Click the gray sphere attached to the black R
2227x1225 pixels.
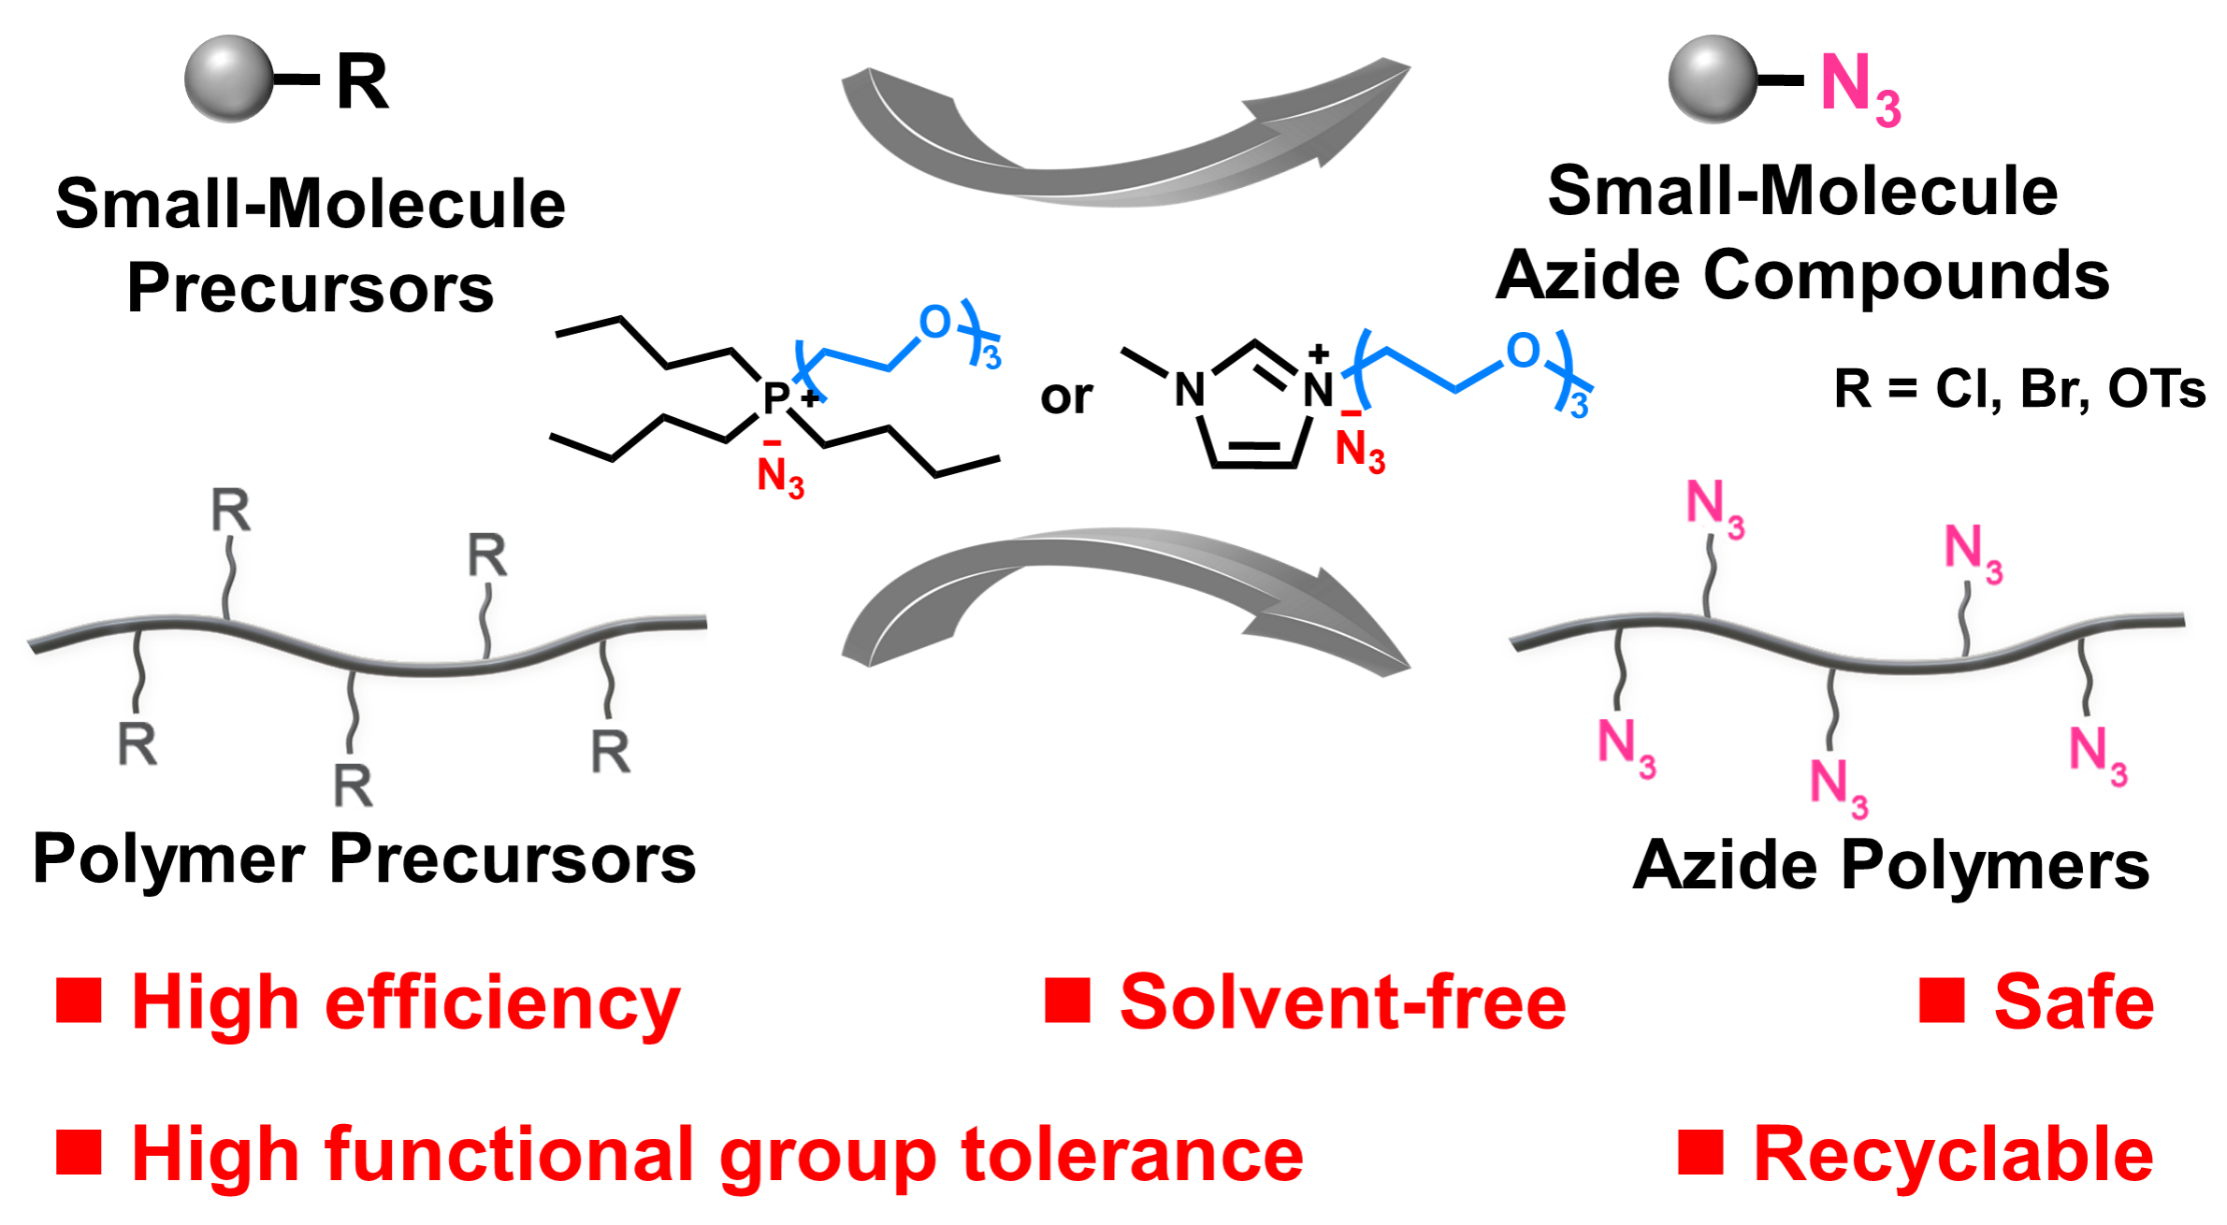tap(228, 79)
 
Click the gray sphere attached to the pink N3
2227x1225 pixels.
tap(1712, 79)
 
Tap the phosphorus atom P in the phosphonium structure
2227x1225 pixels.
tap(776, 398)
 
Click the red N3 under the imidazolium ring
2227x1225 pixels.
tap(1359, 451)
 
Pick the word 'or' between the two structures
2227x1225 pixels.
tap(1066, 397)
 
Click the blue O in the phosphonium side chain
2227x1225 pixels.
tap(934, 323)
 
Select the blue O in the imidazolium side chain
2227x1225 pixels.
tap(1523, 352)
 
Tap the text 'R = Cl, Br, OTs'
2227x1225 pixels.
tap(2019, 389)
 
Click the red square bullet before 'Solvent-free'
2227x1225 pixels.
tap(1067, 1001)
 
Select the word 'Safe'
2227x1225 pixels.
tap(2074, 1002)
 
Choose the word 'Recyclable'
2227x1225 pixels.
tap(1953, 1155)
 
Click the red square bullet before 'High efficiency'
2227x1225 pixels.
tap(79, 1001)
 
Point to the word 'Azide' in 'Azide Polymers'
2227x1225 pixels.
tap(1726, 866)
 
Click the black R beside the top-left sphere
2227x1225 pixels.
tap(362, 82)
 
